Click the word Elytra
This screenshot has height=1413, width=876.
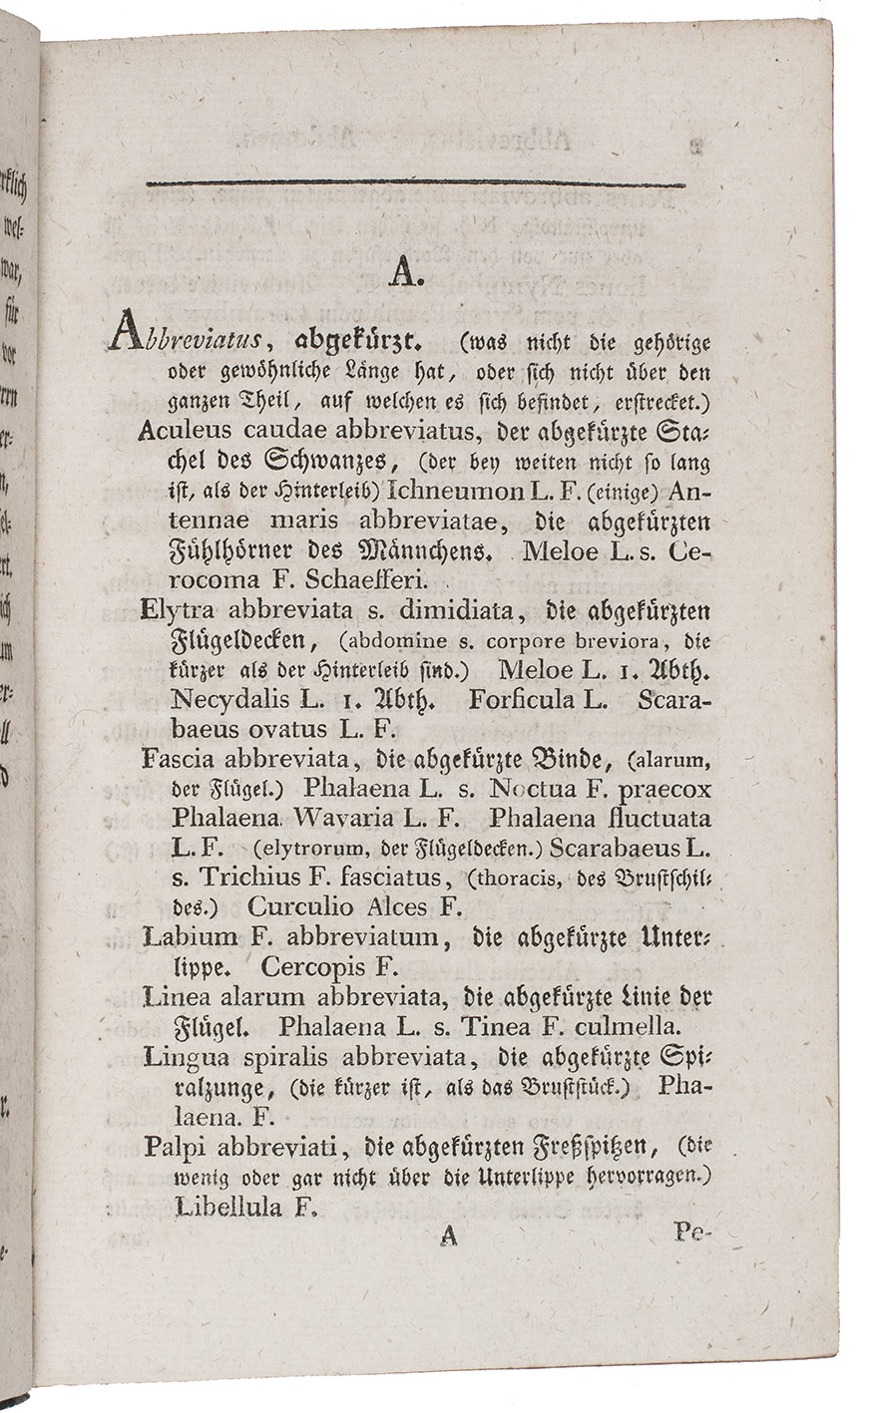[179, 609]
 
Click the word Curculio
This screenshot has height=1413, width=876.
[292, 907]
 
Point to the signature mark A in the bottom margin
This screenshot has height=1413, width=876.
[448, 1235]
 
